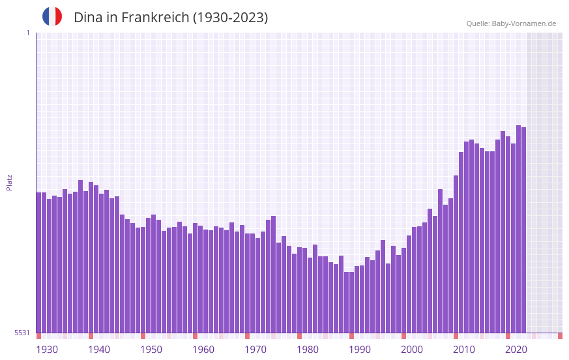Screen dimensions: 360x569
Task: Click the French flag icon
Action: click(x=52, y=16)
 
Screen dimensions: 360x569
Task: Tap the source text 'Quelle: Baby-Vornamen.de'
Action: click(x=511, y=23)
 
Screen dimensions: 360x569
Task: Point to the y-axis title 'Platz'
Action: click(x=9, y=182)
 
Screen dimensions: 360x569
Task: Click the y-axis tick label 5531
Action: click(x=22, y=333)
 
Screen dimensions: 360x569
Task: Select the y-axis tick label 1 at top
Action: click(x=27, y=33)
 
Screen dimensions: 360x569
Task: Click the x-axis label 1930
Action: click(x=47, y=350)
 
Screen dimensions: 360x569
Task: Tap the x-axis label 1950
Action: click(x=151, y=350)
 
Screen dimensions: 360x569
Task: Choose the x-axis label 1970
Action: click(x=255, y=350)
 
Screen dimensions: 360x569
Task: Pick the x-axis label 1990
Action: click(x=360, y=350)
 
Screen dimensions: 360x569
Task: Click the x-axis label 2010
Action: click(x=464, y=350)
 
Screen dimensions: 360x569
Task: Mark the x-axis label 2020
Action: click(x=516, y=350)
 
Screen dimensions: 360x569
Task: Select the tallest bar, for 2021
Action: click(x=518, y=228)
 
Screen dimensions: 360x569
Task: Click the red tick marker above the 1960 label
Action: click(x=195, y=336)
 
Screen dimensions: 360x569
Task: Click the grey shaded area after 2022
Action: click(x=544, y=183)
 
